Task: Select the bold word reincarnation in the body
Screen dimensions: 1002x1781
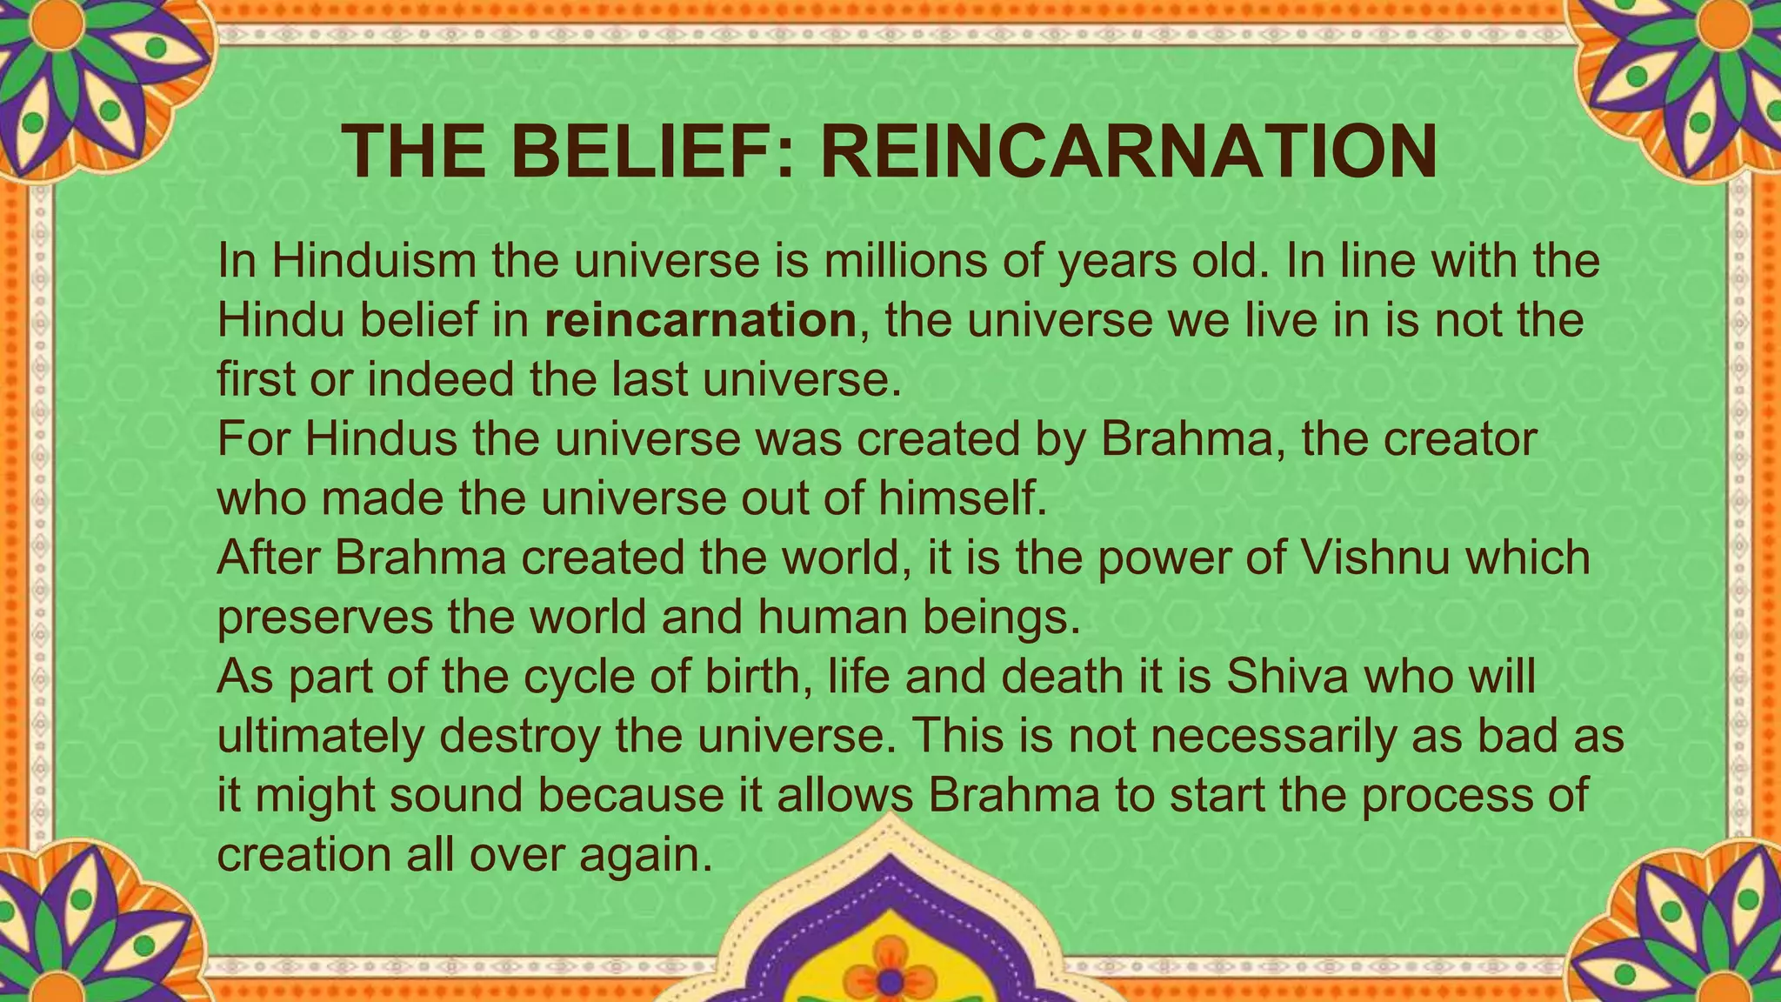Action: pyautogui.click(x=701, y=320)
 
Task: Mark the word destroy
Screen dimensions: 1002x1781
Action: pyautogui.click(x=519, y=736)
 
